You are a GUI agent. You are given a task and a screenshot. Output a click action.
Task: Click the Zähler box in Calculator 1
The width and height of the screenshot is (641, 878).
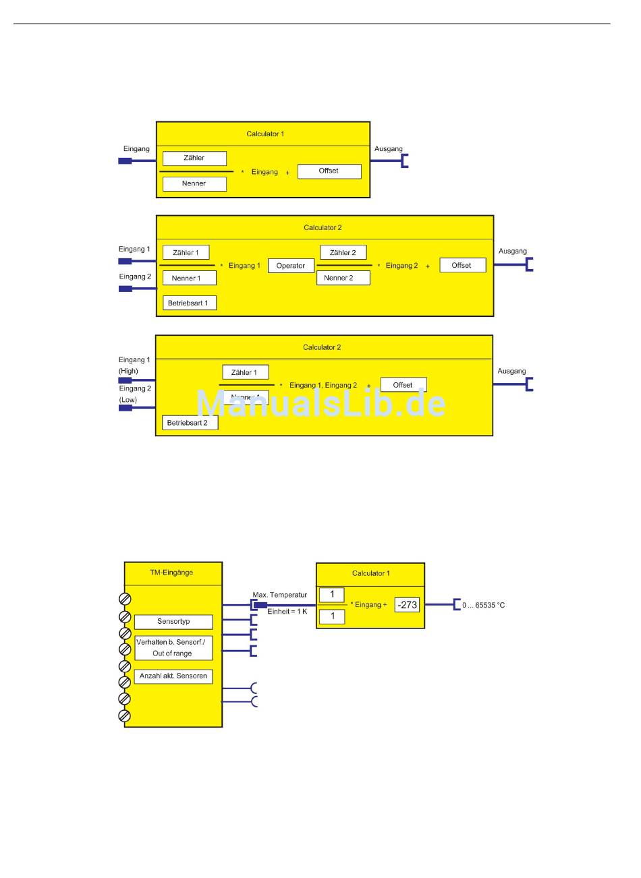point(194,158)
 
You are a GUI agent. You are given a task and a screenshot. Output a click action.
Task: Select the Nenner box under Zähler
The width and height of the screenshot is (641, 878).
point(194,183)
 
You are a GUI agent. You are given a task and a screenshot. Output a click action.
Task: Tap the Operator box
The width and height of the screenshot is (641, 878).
point(291,266)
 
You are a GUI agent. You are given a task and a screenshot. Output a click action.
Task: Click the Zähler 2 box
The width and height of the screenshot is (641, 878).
point(343,253)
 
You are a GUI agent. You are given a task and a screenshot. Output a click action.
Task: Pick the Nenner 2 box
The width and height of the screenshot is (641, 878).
point(343,278)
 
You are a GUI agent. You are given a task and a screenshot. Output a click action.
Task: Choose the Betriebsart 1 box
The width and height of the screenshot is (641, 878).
point(189,303)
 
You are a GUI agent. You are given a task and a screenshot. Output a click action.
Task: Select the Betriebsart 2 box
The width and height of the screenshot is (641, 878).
point(189,423)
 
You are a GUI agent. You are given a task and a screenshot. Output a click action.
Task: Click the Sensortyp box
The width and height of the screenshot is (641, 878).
point(173,622)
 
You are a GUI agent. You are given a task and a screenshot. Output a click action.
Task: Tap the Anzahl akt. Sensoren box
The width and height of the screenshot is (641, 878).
point(173,676)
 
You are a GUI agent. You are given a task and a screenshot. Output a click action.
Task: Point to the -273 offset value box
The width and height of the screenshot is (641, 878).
point(407,605)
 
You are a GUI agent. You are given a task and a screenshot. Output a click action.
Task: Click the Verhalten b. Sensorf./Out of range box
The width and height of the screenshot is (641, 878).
point(173,648)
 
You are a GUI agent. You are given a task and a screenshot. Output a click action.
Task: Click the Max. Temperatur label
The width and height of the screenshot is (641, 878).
point(279,595)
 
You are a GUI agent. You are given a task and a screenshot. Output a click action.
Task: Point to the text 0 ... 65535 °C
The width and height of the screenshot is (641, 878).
point(483,606)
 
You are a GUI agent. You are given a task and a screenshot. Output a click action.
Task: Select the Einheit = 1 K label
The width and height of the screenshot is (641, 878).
point(287,612)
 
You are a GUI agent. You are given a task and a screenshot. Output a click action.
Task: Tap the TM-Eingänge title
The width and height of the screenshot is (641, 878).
point(171,573)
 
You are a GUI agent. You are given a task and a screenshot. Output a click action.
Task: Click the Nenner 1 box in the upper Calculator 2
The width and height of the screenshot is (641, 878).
point(189,278)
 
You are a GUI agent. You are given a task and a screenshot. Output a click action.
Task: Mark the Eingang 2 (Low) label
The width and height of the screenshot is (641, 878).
point(135,394)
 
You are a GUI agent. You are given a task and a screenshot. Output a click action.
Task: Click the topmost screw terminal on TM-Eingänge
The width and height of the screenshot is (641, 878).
point(125,599)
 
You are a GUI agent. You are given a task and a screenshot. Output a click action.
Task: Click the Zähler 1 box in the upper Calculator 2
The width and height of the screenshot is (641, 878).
point(186,253)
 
